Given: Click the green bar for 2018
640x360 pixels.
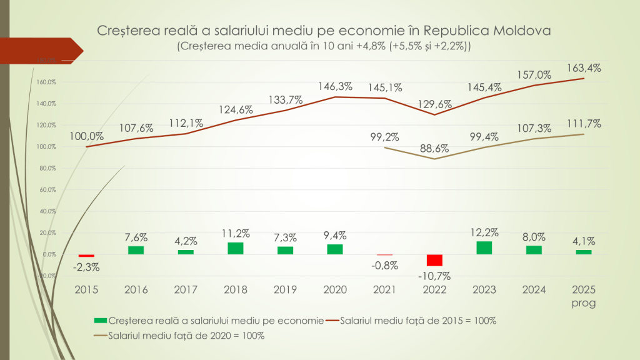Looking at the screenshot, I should (236, 248).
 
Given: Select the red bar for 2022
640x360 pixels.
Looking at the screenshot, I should (434, 260).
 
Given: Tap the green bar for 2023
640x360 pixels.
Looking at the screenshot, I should (484, 247).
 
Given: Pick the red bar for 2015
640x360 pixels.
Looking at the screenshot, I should (86, 256).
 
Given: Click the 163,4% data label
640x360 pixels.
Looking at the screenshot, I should (584, 68).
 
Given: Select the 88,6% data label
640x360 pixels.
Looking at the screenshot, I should (434, 148).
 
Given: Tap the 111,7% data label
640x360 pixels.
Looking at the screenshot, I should (584, 124).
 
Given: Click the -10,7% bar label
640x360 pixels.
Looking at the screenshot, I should (435, 276).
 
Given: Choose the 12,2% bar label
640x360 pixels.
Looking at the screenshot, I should (484, 232).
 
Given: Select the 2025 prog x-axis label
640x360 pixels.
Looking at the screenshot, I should (584, 296).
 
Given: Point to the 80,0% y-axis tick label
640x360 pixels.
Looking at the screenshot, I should (47, 168).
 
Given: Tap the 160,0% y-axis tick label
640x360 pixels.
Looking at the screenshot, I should (47, 82).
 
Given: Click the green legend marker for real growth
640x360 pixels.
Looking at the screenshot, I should (99, 321).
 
